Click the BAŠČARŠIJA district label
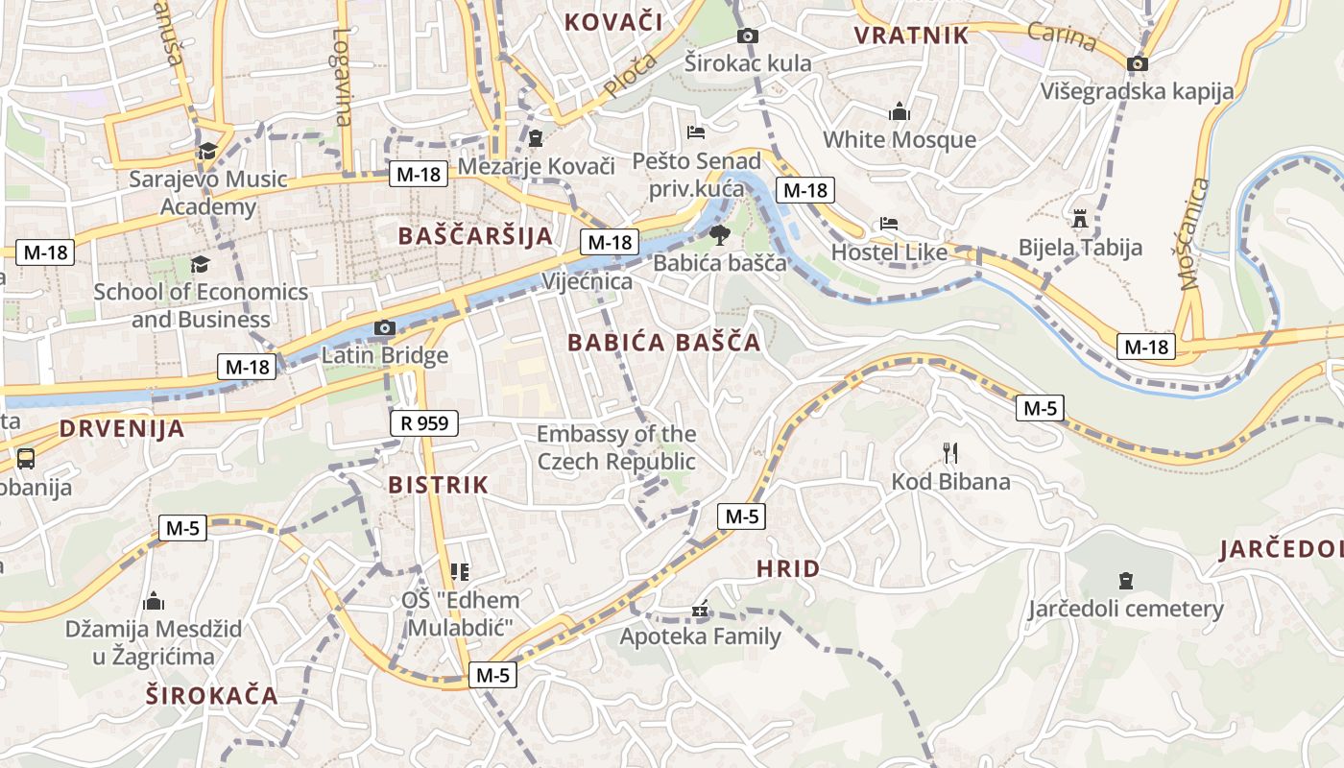tap(475, 236)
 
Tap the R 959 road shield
tap(424, 422)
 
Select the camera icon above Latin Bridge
tap(384, 328)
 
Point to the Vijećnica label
tap(587, 281)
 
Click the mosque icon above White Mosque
tap(900, 112)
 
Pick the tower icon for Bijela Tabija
tap(1080, 218)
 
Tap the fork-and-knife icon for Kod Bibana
tap(950, 452)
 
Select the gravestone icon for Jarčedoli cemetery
tap(1126, 581)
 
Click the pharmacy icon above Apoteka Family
tap(700, 610)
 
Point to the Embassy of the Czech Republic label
tap(616, 447)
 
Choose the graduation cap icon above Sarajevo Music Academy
tap(207, 151)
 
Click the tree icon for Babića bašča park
tap(719, 234)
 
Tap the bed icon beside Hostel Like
tap(889, 225)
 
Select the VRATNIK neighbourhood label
tap(911, 36)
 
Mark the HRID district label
tap(788, 568)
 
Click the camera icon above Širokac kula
tap(747, 36)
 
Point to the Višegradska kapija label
tap(1138, 91)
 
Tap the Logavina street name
tap(343, 77)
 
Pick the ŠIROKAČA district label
tap(212, 696)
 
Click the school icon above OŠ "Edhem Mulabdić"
tap(460, 572)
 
